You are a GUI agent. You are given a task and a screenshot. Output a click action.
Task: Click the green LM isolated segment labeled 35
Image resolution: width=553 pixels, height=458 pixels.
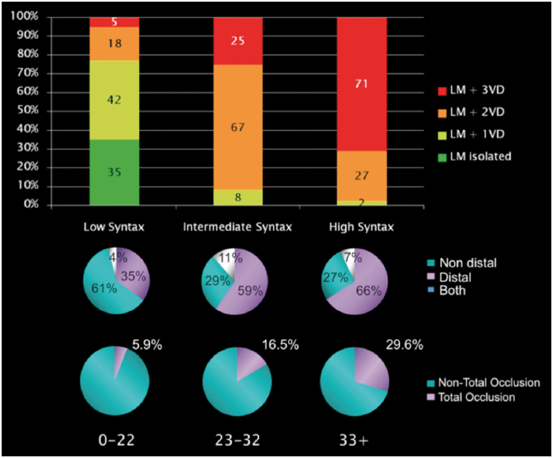(113, 171)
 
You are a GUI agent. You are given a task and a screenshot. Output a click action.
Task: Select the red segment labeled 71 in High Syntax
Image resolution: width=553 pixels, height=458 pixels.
(362, 83)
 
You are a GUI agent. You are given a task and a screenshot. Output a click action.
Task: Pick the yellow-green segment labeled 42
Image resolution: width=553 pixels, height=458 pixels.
(113, 99)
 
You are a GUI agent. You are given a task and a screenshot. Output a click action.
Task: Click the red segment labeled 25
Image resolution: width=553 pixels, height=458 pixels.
(238, 41)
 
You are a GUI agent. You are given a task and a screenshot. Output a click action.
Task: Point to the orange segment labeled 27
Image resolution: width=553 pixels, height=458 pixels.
(362, 176)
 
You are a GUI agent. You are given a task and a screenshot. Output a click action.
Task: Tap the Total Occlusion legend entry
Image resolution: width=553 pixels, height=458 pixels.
(478, 398)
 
